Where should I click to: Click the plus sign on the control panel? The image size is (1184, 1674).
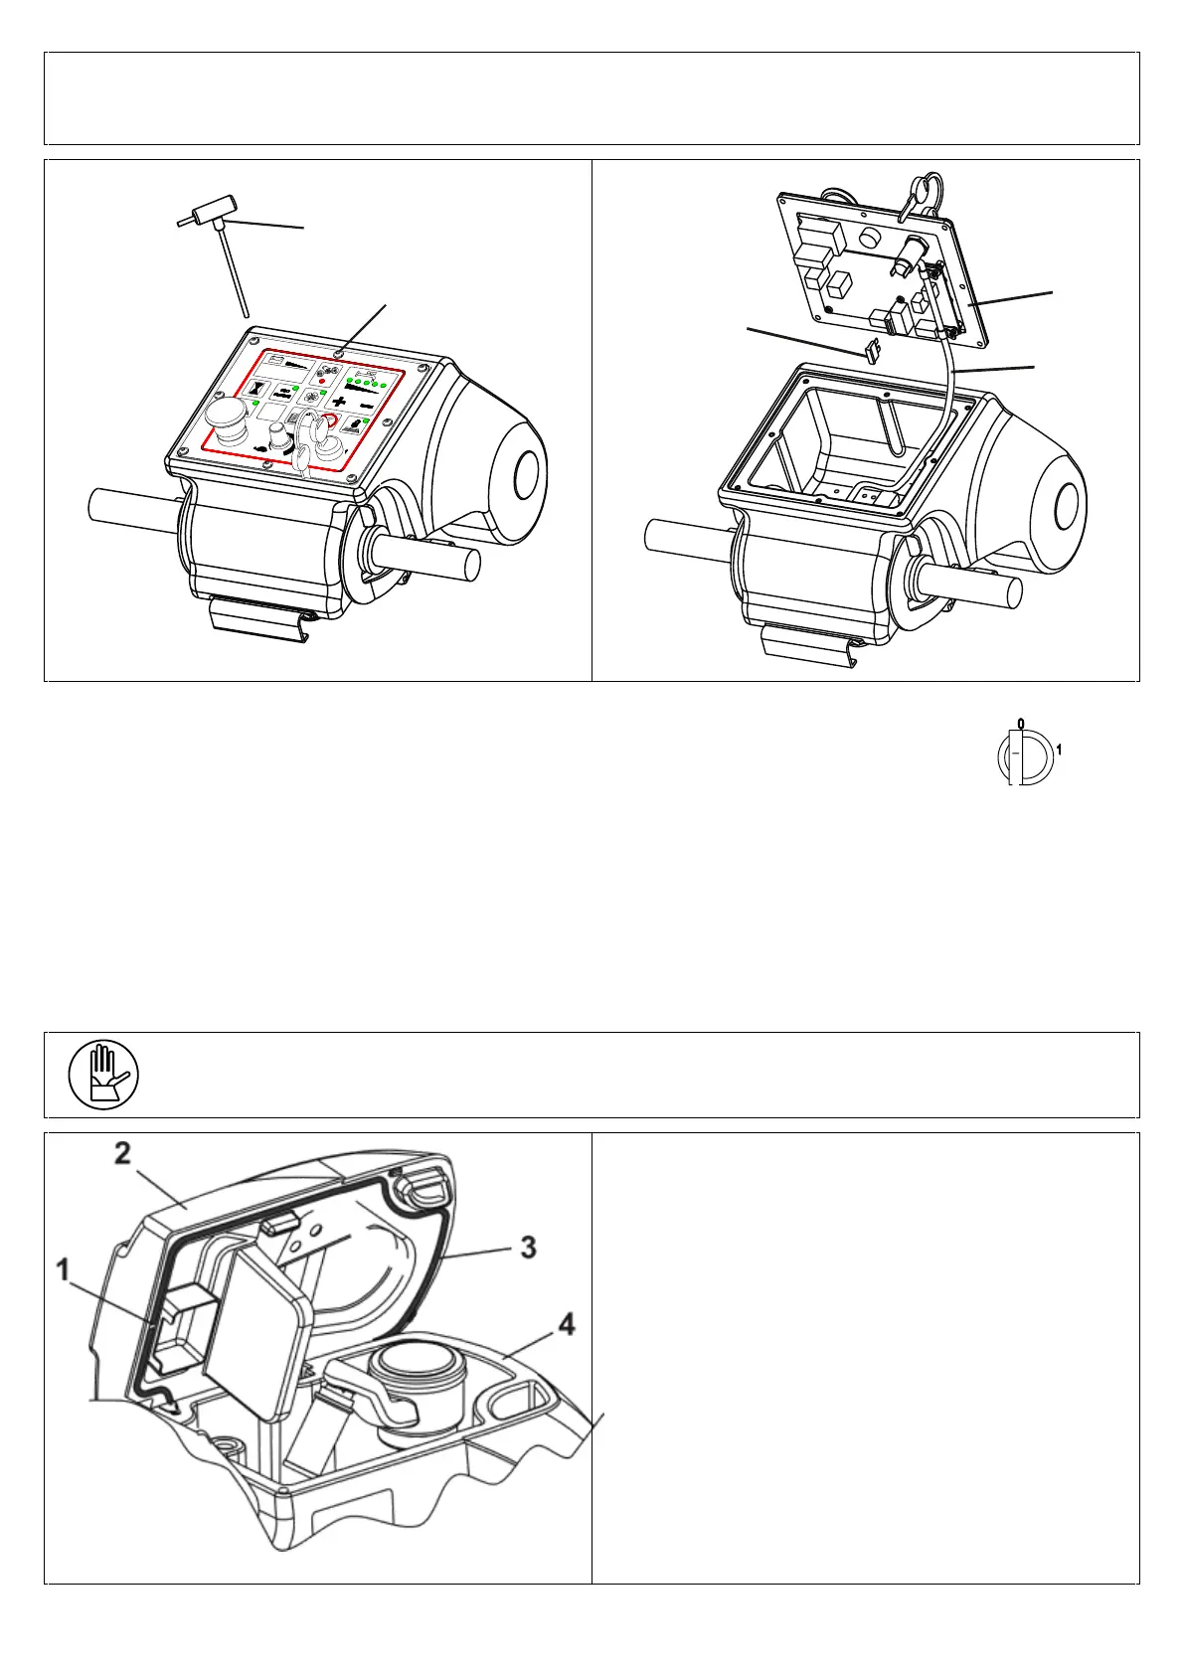[340, 402]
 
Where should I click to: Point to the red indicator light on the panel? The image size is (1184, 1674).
[322, 381]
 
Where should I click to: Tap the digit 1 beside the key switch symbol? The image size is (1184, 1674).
[1059, 751]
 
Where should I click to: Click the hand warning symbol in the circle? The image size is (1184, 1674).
[103, 1075]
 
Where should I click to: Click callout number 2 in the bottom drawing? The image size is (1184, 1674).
[122, 1154]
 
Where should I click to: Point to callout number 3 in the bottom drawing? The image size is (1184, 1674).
[529, 1246]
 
